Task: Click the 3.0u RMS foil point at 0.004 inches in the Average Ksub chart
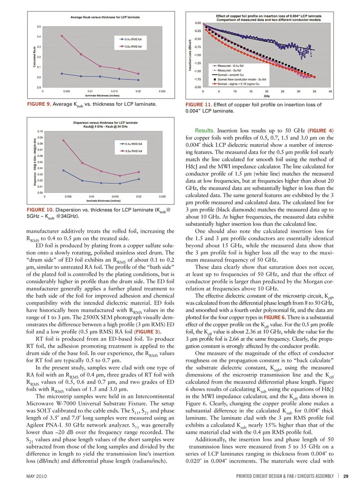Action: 62,36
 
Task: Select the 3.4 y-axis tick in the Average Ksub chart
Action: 39,37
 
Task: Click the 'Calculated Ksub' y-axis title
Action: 34,57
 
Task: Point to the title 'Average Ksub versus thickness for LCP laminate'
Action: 105,17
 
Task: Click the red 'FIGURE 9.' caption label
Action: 39,104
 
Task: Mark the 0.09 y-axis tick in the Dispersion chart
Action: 40,138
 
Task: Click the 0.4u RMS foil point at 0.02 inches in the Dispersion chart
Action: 139,179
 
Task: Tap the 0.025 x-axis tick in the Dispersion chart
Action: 162,196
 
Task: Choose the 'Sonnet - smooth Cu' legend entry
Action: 230,75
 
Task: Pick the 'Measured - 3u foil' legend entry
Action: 229,70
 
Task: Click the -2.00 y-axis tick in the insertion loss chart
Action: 197,87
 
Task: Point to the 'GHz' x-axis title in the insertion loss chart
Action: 267,96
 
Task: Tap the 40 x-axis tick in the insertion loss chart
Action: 330,91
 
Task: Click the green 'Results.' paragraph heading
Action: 204,131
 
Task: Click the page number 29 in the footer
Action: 346,476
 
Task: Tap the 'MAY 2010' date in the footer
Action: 37,476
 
